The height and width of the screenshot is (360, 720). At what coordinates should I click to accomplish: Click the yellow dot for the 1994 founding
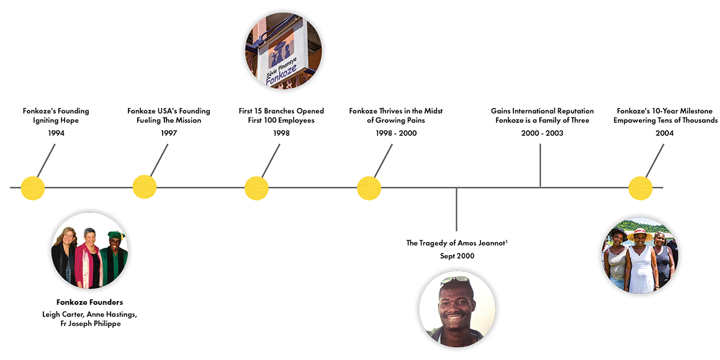click(x=33, y=188)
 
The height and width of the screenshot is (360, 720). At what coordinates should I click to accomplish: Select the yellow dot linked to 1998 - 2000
click(x=369, y=188)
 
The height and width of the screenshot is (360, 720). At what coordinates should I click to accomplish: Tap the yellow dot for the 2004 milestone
click(x=641, y=188)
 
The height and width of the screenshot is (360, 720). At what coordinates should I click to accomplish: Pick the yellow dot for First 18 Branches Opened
click(x=256, y=188)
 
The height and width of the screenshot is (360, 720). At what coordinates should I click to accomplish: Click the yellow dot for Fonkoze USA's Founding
click(x=145, y=188)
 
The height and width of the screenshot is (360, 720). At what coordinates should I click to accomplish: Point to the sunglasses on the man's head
click(x=455, y=280)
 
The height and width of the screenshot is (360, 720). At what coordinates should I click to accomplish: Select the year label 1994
click(x=56, y=133)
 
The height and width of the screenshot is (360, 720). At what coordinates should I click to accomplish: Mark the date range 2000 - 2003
click(x=542, y=133)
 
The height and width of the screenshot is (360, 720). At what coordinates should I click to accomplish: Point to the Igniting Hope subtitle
click(x=56, y=121)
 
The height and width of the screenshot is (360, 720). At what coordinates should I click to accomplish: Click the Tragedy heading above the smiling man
click(x=457, y=243)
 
